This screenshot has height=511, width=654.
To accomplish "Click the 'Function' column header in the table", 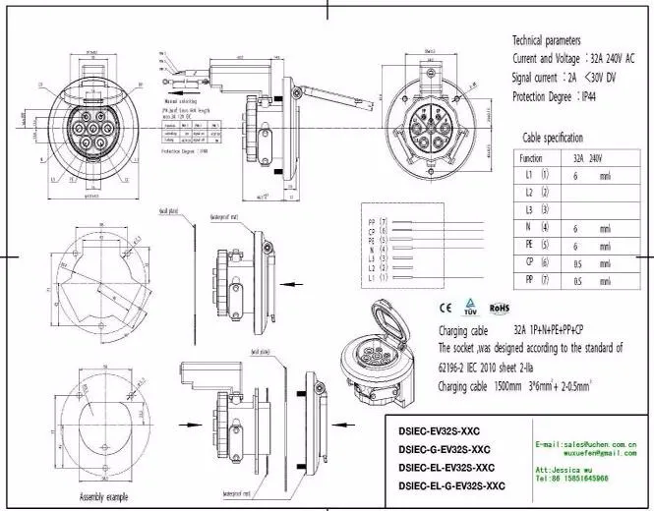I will coord(531,157).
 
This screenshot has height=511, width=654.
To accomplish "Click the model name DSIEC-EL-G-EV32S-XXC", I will coord(452,486).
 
